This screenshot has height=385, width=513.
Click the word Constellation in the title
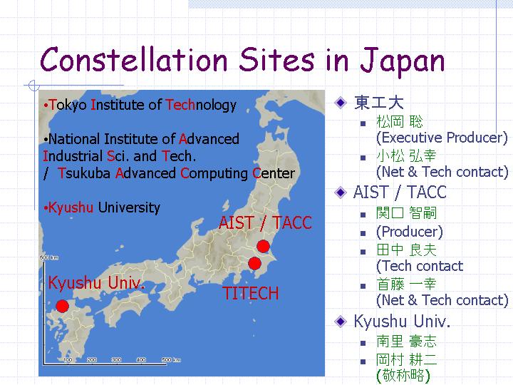[x=133, y=59]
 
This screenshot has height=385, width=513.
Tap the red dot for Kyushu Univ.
[x=62, y=306]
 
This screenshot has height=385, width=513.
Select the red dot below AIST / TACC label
[x=263, y=246]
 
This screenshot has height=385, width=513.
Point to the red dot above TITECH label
[x=254, y=263]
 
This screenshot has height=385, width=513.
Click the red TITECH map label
[x=250, y=293]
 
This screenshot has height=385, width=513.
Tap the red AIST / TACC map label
[x=265, y=222]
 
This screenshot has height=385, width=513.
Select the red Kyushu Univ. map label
[x=96, y=282]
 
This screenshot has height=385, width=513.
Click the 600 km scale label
[x=49, y=257]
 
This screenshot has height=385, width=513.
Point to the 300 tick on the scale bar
[x=116, y=359]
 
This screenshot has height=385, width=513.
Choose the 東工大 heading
[x=379, y=103]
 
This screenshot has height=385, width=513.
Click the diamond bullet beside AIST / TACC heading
[x=341, y=192]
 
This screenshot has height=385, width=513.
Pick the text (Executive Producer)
[x=442, y=138]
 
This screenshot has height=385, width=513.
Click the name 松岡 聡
[x=400, y=121]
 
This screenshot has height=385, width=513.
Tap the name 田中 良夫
[x=406, y=250]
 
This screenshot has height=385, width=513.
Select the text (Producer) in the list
[x=410, y=232]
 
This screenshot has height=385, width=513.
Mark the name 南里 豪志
[x=406, y=341]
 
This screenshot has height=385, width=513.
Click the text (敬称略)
[x=403, y=375]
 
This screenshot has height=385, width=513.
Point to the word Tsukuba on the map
[x=84, y=173]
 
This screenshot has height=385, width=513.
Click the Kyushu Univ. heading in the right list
[x=402, y=321]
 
